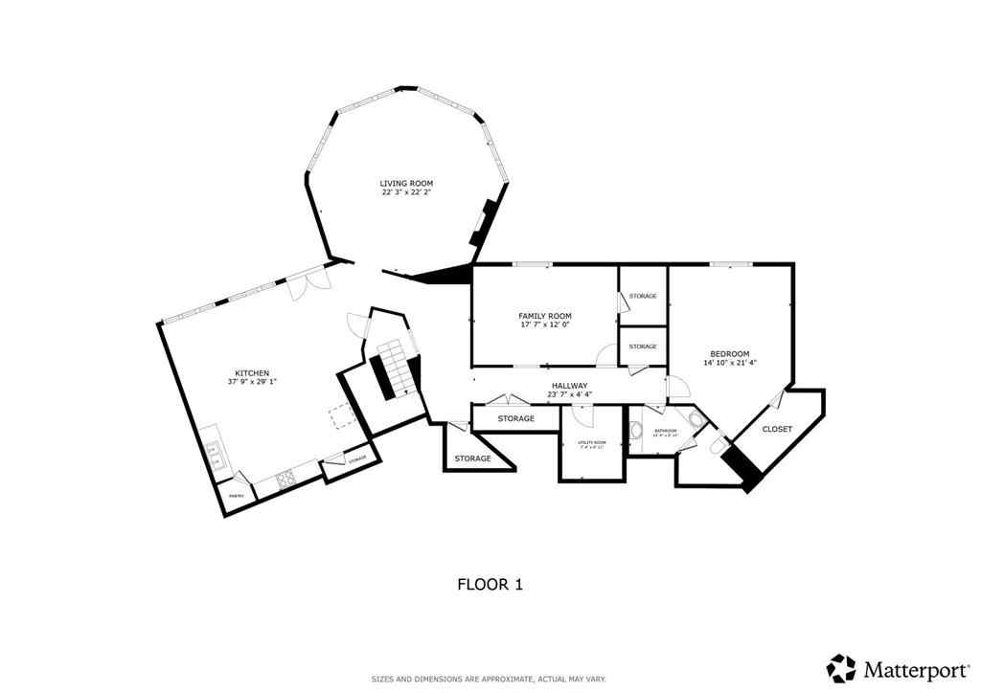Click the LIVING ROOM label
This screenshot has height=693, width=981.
[406, 183]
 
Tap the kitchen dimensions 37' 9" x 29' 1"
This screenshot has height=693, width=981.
[252, 382]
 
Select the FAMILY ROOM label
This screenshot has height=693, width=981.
[544, 316]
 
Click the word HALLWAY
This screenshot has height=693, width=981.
[569, 385]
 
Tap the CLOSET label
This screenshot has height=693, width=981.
[777, 429]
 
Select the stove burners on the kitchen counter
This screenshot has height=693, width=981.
[285, 481]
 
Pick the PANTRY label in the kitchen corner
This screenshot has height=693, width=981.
[236, 495]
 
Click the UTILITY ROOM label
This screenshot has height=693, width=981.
[592, 443]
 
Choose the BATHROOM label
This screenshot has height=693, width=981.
[665, 432]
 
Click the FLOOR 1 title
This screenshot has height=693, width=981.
[489, 583]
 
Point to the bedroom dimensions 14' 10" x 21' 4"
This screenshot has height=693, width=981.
[729, 363]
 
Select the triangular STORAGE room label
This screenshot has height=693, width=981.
[472, 458]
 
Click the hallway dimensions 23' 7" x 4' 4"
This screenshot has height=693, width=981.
[569, 394]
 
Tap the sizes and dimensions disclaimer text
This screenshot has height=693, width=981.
[489, 679]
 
